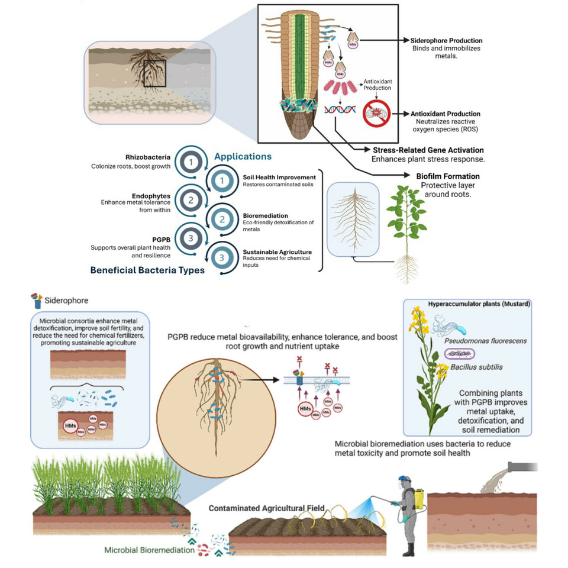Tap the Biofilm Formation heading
[445, 176]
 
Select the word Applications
[243, 157]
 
